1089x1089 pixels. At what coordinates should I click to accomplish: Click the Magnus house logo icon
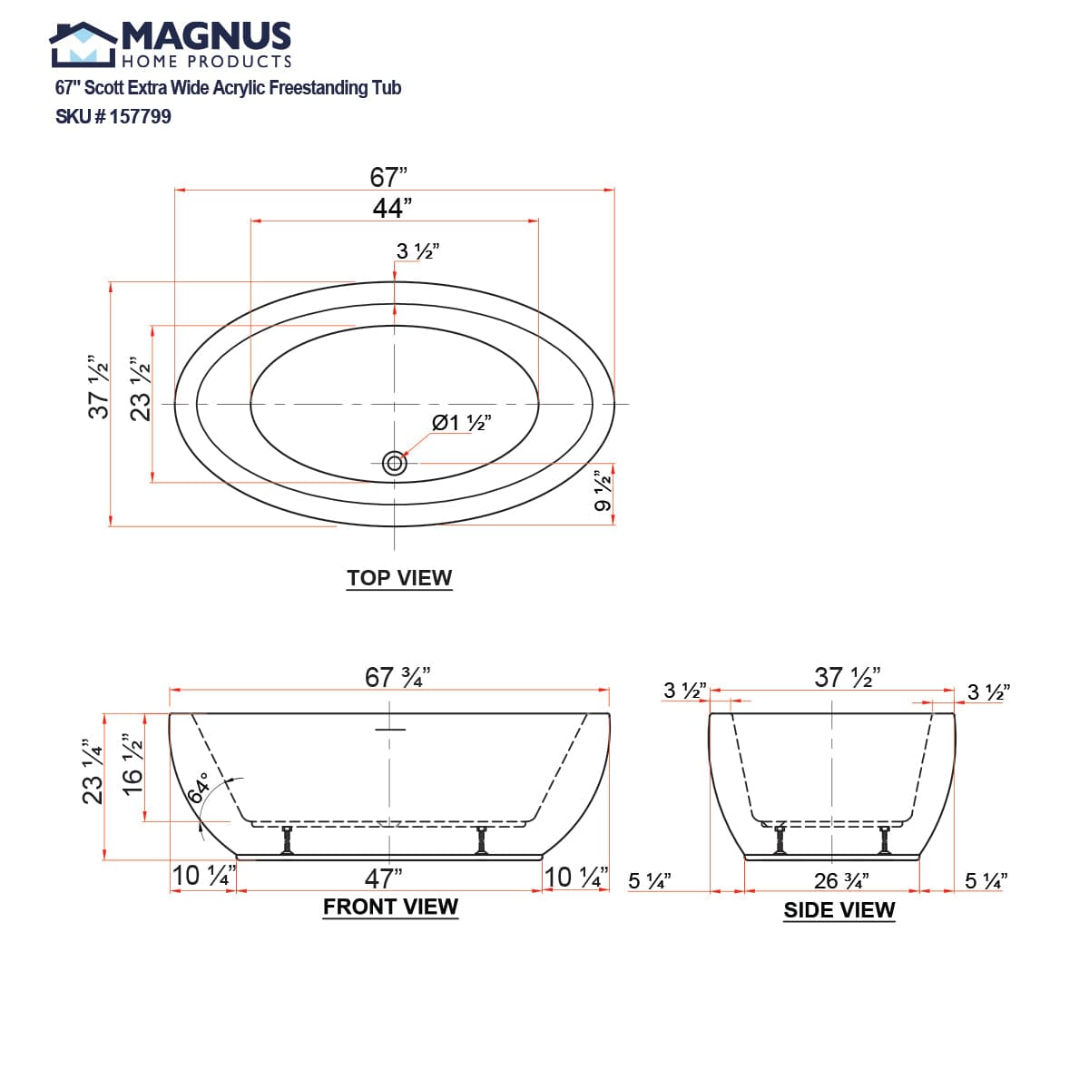pos(83,45)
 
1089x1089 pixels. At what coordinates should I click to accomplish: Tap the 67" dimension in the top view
pos(388,177)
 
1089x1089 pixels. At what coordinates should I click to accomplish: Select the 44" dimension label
pos(392,208)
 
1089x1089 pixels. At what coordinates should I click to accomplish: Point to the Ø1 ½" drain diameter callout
pos(462,423)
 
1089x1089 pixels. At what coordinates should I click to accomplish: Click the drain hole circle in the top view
pos(394,464)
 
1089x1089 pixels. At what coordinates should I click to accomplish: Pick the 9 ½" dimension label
pos(603,491)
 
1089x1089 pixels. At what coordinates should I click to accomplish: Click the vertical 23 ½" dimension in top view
pos(140,389)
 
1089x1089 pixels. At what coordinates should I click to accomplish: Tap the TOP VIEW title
pos(399,578)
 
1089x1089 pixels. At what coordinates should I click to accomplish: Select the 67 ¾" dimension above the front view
pos(397,677)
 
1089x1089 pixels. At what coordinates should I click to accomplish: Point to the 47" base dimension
pos(383,878)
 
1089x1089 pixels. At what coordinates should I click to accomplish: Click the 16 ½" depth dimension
pos(132,765)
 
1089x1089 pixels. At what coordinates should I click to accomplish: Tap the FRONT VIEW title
pos(390,907)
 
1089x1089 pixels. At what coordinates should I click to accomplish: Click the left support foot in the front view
pos(288,839)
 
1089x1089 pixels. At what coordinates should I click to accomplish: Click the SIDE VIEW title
pos(839,910)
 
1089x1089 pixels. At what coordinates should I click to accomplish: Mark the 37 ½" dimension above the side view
pos(847,677)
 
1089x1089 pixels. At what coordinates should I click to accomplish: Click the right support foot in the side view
pos(884,839)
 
